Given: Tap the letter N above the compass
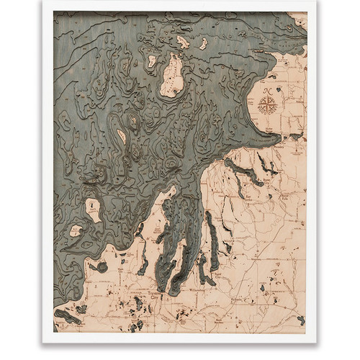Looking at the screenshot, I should (x=267, y=90).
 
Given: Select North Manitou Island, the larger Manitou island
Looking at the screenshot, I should (x=94, y=210).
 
